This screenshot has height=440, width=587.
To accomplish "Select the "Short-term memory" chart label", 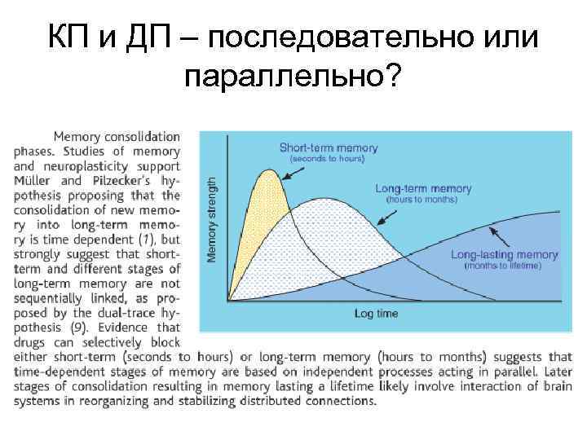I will [329, 148].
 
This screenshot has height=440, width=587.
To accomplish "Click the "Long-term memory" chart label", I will [423, 189].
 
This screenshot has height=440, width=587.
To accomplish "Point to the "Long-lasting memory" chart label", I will [505, 255].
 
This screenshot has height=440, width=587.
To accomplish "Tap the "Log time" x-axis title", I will [376, 313].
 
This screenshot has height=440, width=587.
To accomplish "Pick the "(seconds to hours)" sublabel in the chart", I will [328, 159].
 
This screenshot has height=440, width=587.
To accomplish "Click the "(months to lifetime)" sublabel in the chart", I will [505, 266].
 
